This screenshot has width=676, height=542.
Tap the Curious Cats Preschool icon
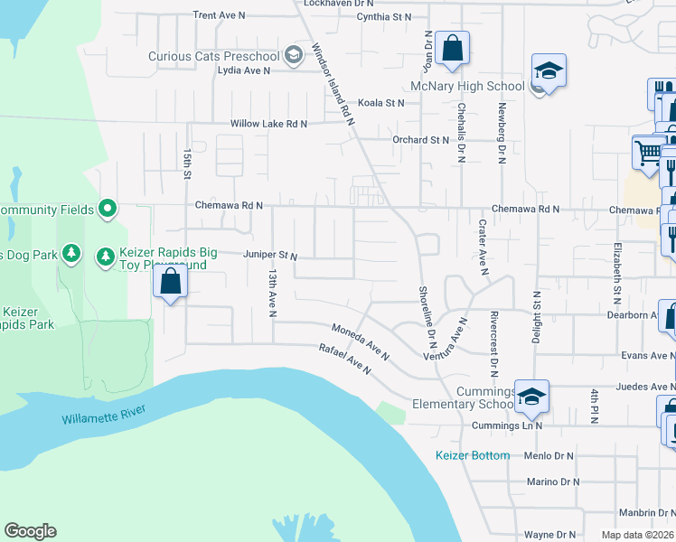point(293,56)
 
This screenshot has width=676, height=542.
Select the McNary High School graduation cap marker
point(547,70)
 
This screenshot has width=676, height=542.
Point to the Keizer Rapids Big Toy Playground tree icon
point(106,257)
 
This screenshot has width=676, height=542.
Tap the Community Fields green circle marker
point(108,210)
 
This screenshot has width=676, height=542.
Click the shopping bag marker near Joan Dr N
point(452,48)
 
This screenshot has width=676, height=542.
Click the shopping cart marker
point(647,153)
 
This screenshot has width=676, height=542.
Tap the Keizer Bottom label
point(473,455)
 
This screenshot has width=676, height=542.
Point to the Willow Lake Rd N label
point(268,124)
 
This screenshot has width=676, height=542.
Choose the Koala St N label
point(381,103)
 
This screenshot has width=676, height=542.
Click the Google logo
point(30,531)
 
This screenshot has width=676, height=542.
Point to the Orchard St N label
point(420,140)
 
